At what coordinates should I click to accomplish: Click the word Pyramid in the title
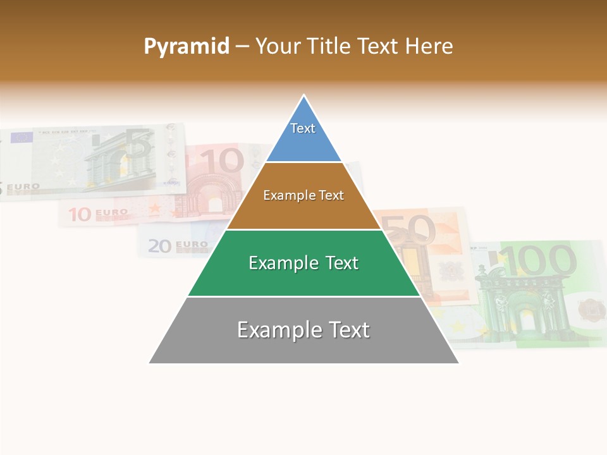(186, 47)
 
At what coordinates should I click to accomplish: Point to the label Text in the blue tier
(302, 128)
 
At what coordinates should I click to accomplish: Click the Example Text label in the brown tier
(303, 195)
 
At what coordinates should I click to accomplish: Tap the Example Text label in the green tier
(303, 263)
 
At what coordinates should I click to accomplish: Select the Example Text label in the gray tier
(303, 330)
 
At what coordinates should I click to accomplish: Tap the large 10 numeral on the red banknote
(222, 162)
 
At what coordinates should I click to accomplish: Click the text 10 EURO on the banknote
(98, 214)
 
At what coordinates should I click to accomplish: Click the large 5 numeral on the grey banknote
(140, 145)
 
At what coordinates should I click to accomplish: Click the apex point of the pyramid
(304, 95)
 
